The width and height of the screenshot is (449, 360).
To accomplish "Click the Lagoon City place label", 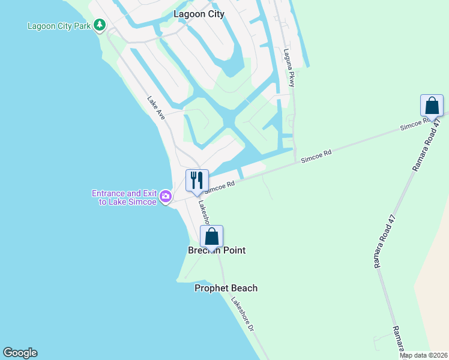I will point(199,14).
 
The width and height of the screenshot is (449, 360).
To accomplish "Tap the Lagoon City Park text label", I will point(59,26).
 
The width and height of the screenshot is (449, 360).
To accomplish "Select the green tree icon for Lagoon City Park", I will point(100,26).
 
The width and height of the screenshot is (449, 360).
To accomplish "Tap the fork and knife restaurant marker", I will point(196,181).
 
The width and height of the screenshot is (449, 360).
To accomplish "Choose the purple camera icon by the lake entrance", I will point(166,196).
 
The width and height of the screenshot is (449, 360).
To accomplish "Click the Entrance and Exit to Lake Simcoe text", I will point(124,197).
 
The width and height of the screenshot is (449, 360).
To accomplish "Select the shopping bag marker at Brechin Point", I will point(211,236).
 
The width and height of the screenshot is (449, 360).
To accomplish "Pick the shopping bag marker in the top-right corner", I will point(432,106).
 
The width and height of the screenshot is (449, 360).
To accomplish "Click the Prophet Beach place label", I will point(226,288).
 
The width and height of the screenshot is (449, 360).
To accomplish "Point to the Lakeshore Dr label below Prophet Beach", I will point(243,316).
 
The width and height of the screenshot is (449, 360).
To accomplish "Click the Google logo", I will point(20,353).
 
